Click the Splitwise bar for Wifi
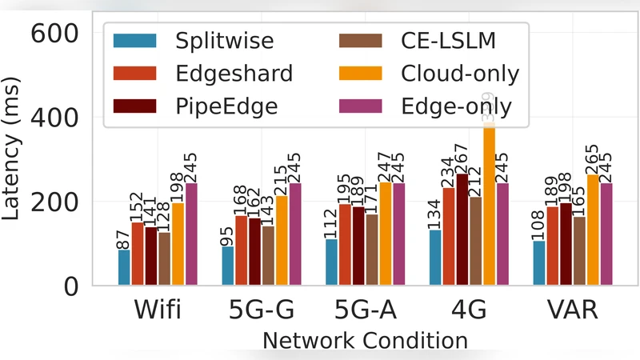[124, 267]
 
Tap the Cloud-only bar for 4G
[489, 208]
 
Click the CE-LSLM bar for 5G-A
[372, 250]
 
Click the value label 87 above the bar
[125, 238]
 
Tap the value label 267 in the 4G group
[462, 156]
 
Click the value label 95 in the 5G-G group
[229, 234]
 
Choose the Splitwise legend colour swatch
[135, 41]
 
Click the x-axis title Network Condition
[365, 340]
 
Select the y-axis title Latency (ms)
[14, 160]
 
